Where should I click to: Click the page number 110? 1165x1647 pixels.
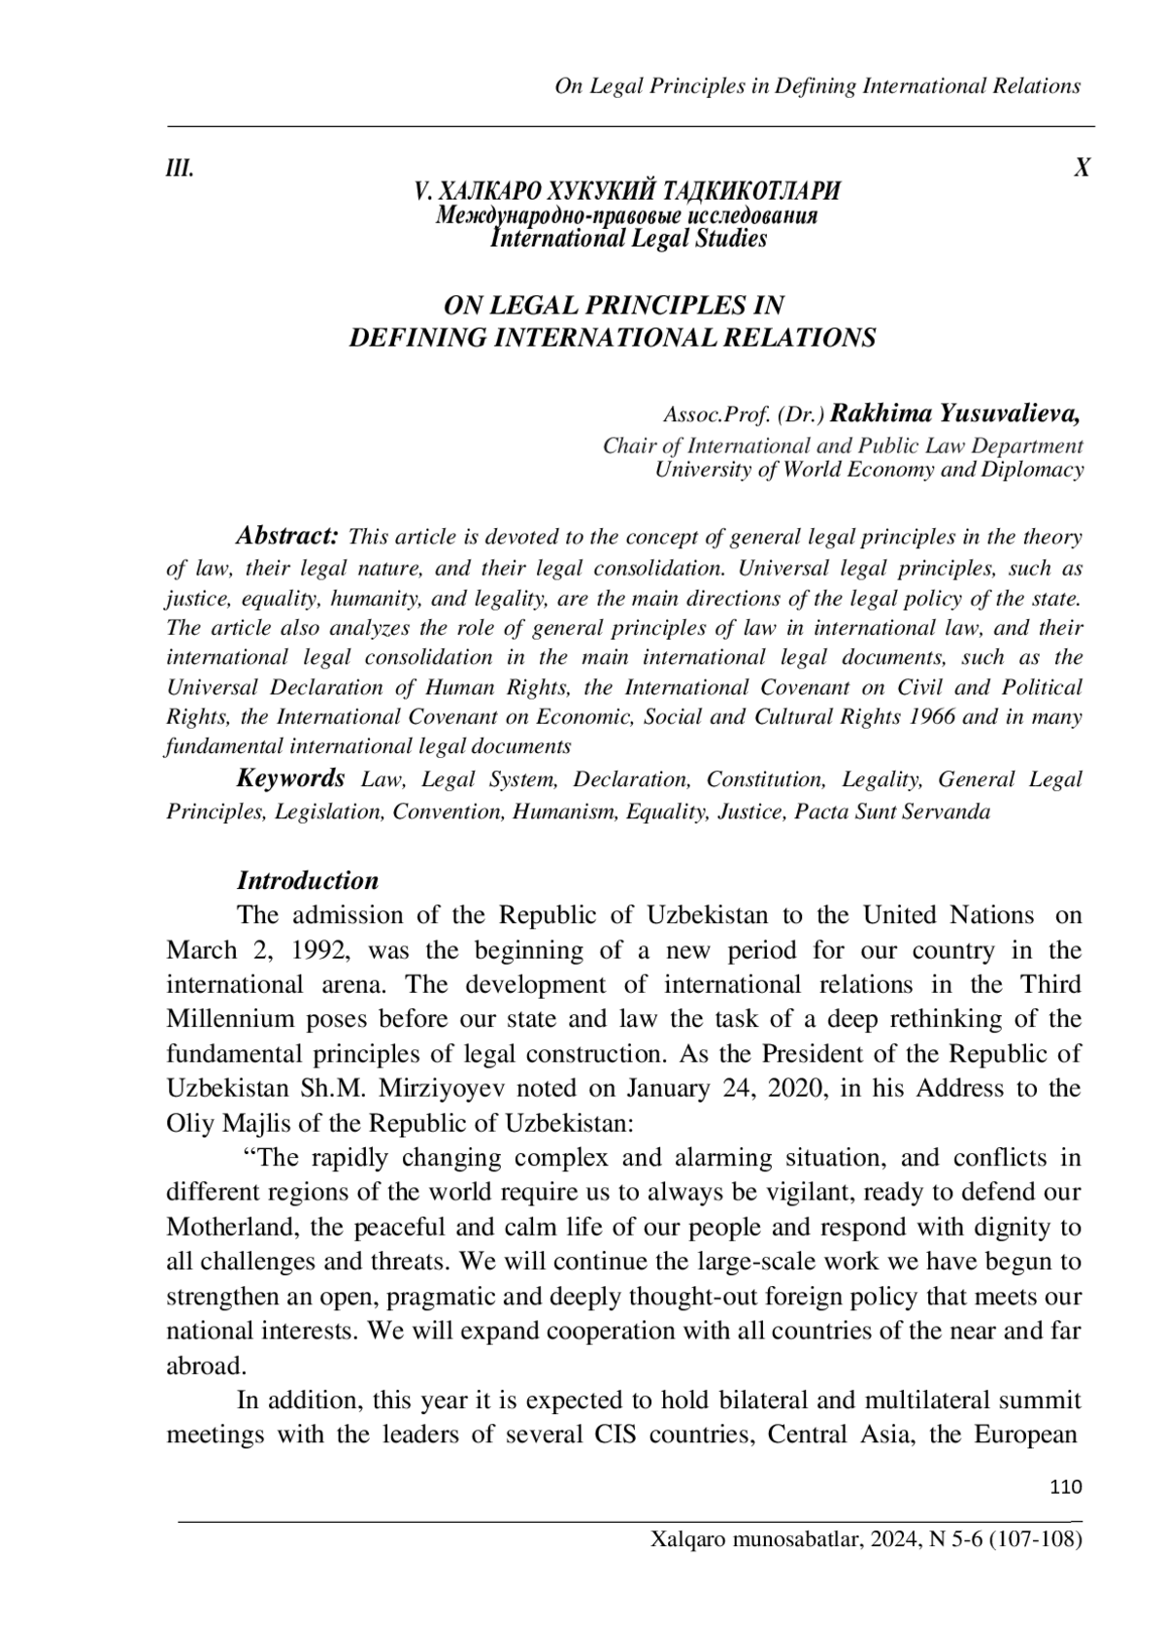[1066, 1487]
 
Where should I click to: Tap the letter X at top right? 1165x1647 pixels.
[1082, 168]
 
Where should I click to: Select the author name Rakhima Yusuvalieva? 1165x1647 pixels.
[956, 414]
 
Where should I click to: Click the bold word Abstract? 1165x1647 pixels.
[287, 536]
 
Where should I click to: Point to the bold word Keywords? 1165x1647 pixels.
[291, 778]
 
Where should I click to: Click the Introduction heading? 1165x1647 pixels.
[308, 880]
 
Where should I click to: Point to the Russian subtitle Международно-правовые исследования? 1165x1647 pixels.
[627, 215]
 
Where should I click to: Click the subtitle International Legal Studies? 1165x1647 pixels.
[629, 239]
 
